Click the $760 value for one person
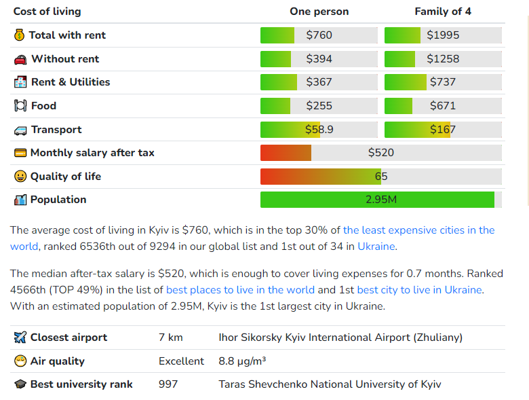319,35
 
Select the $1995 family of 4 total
443,35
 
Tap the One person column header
319,12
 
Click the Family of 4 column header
443,12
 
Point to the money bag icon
19,35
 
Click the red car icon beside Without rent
20,59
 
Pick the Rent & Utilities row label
71,82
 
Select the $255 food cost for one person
319,106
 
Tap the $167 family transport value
443,130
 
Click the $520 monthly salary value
381,153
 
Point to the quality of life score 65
381,177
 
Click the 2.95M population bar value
381,200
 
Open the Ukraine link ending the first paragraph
376,247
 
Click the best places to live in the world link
240,290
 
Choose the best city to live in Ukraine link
419,290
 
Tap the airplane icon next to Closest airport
20,338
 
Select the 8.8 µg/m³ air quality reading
242,361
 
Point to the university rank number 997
168,384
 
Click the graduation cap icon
20,384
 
